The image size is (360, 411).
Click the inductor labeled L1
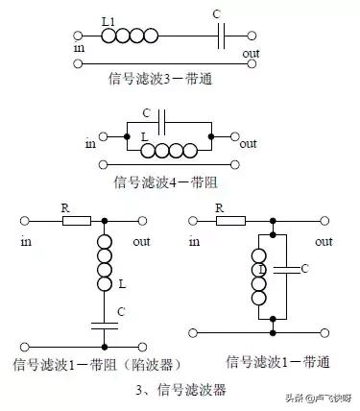[x=128, y=36]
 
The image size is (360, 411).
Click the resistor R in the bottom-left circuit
[x=76, y=221]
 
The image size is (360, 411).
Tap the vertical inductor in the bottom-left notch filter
[x=104, y=263]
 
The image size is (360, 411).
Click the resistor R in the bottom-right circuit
[x=231, y=221]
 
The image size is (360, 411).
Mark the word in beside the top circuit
[x=78, y=45]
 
